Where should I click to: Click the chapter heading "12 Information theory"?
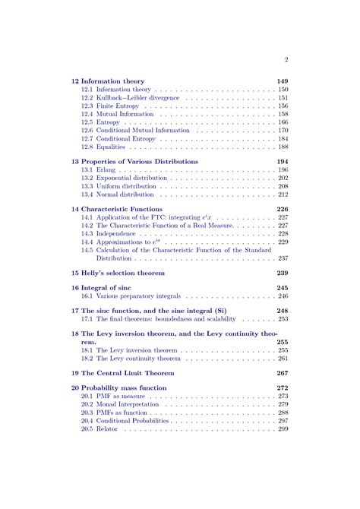[108, 81]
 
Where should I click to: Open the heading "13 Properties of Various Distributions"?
[134, 162]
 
